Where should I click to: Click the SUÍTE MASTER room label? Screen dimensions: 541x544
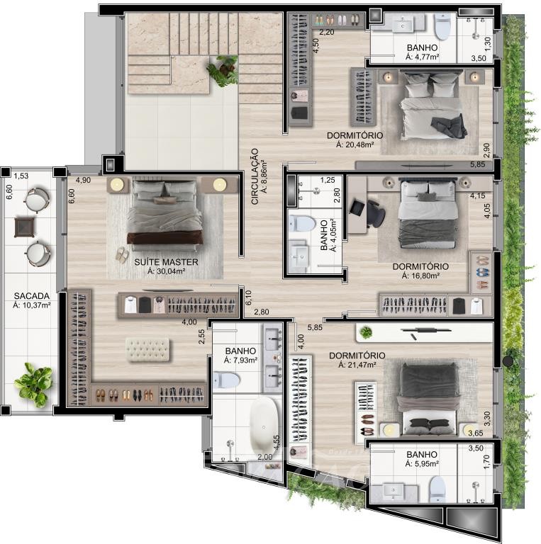pos(166,262)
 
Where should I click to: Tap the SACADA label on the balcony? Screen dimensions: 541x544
pos(32,296)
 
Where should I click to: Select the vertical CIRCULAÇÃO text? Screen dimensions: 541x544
pos(255,176)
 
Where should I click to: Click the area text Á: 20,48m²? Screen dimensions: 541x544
pos(355,144)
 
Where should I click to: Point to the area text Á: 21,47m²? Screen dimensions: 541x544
pos(357,365)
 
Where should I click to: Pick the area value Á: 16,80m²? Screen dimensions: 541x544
pos(420,276)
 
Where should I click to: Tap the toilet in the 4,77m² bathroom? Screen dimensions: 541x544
pos(442,27)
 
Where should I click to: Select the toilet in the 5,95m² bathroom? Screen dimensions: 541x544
pos(437,489)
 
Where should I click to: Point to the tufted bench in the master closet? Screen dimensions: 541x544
pos(147,349)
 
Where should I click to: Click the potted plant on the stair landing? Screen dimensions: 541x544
pos(223,70)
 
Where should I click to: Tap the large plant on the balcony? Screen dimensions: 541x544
pos(34,384)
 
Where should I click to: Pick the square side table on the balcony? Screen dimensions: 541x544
pos(25,227)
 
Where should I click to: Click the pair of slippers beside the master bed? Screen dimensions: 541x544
pos(121,255)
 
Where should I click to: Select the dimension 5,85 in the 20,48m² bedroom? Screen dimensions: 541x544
pos(478,164)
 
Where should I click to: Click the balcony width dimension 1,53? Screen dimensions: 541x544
pos(21,176)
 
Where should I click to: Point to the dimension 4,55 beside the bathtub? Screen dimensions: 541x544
pos(277,443)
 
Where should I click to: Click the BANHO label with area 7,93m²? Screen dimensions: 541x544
pos(240,351)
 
